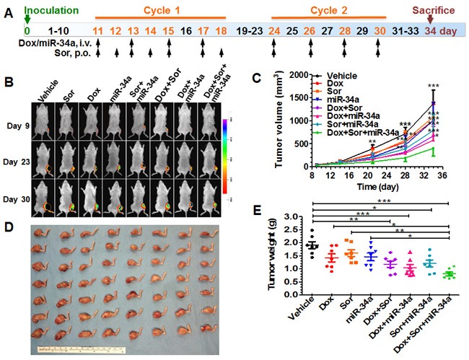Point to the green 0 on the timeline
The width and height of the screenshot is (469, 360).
(x=27, y=31)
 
